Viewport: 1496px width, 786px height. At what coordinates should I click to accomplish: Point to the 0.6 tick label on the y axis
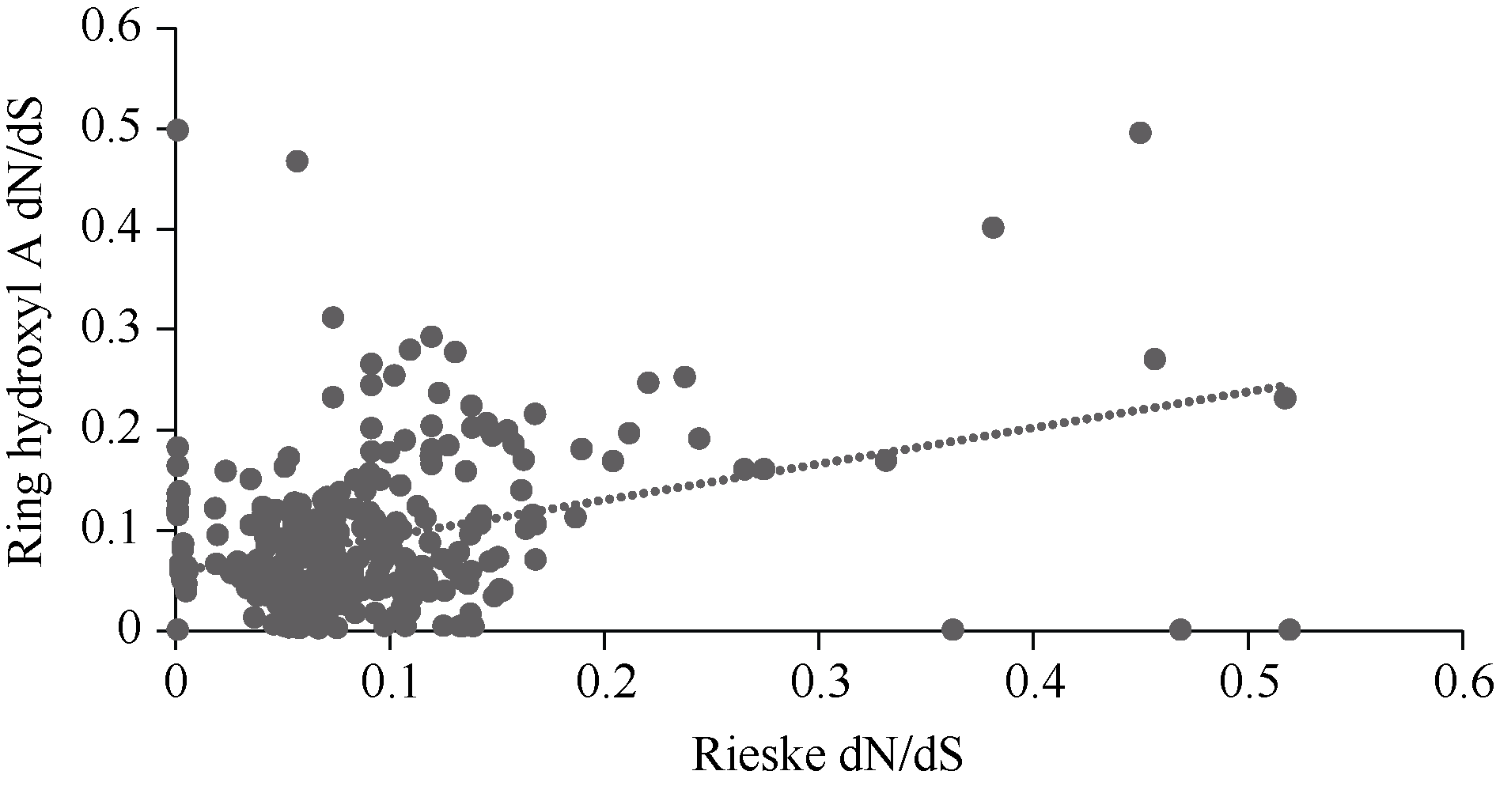click(112, 29)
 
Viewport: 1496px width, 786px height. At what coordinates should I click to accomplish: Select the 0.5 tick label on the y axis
click(112, 129)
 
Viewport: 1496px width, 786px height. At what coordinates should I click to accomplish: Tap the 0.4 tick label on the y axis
click(112, 229)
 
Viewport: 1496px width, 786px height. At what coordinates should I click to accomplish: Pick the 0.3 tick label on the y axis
click(112, 329)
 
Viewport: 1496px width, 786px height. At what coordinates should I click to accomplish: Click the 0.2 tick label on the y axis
click(112, 429)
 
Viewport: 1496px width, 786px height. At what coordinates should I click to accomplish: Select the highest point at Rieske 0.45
click(1140, 133)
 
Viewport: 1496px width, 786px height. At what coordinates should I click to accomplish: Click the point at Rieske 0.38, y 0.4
click(993, 228)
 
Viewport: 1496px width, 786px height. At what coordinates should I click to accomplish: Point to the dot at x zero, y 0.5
click(178, 130)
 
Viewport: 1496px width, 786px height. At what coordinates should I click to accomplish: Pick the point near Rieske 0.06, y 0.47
click(297, 161)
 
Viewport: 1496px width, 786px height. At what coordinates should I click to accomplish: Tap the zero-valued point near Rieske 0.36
click(953, 629)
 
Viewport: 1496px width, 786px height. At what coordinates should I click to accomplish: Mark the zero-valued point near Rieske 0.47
click(1180, 629)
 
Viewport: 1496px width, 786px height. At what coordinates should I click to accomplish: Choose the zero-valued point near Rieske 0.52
click(1290, 629)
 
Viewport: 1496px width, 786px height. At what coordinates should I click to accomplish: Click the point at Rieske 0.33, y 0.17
click(886, 460)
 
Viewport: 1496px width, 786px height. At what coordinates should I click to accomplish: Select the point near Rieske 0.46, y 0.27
click(1154, 359)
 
